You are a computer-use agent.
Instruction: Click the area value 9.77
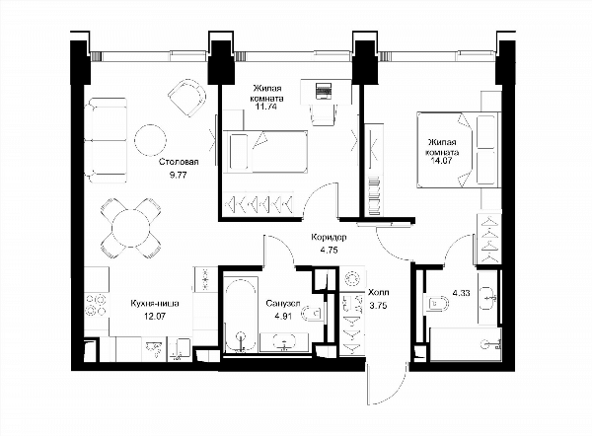[179, 176]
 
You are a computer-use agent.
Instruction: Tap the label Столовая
[179, 162]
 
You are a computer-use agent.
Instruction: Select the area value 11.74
[265, 107]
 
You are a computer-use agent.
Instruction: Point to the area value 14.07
[441, 160]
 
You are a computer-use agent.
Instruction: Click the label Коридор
[329, 238]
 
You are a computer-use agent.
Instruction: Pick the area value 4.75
[329, 250]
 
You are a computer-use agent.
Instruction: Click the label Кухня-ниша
[155, 304]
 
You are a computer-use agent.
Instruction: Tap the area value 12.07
[155, 317]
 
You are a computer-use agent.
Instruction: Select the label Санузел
[283, 304]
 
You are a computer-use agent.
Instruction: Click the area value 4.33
[461, 293]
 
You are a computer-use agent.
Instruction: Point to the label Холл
[378, 293]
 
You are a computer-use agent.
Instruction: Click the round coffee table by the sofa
[150, 140]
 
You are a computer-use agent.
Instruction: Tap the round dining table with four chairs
[131, 228]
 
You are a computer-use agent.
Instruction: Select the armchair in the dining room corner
[187, 98]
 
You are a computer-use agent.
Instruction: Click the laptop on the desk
[324, 91]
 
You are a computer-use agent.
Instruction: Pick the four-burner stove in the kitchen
[96, 305]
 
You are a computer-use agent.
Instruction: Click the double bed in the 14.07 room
[458, 150]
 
